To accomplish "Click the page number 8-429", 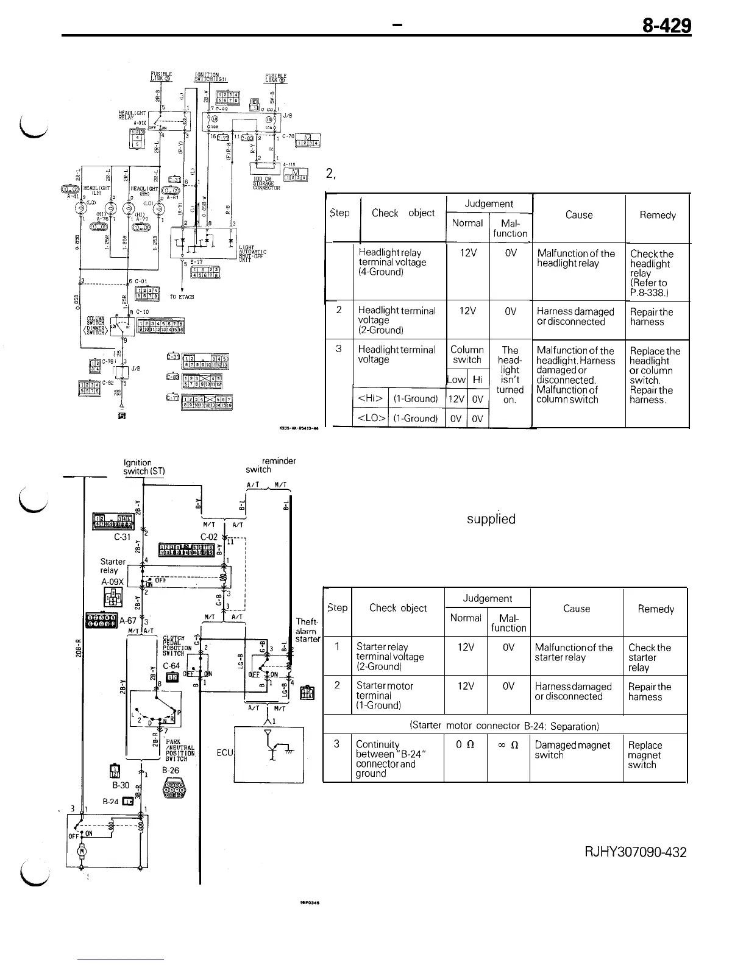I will pos(666,26).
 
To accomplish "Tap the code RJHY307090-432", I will pos(635,852).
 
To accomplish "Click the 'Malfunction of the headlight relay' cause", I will pos(576,258).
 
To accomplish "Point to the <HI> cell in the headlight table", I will pos(370,399).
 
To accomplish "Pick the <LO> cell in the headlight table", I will pos(371,418).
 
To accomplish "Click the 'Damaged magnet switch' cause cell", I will pos(572,750).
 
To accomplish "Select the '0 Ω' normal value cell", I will pos(465,744).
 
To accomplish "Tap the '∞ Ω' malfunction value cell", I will pos(508,744).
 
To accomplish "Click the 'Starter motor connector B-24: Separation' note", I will pos(505,726).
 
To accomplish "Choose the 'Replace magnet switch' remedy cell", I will pos(645,755).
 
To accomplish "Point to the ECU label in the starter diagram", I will pos(224,752).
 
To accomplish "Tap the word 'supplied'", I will pos(491,519).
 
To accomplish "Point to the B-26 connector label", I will pos(171,770).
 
